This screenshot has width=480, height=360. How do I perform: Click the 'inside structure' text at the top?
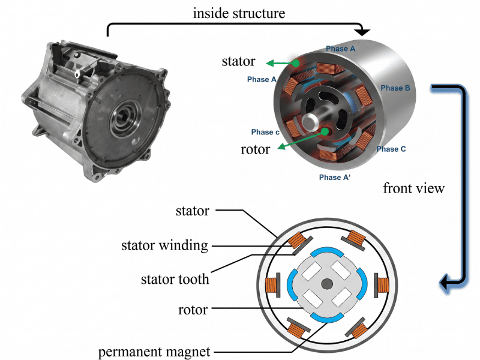[239, 13]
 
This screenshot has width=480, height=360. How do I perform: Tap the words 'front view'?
[413, 188]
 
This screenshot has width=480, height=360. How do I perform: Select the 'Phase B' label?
[395, 88]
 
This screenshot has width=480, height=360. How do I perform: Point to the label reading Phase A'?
[335, 178]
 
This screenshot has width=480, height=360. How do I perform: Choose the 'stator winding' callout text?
[164, 245]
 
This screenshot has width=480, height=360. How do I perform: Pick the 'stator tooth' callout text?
[174, 278]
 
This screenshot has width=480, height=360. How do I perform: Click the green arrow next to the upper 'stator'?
[281, 62]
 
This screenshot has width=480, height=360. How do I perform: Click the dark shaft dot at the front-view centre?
[326, 283]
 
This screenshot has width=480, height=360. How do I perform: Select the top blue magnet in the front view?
[326, 251]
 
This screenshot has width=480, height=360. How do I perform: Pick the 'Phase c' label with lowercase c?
[265, 132]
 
